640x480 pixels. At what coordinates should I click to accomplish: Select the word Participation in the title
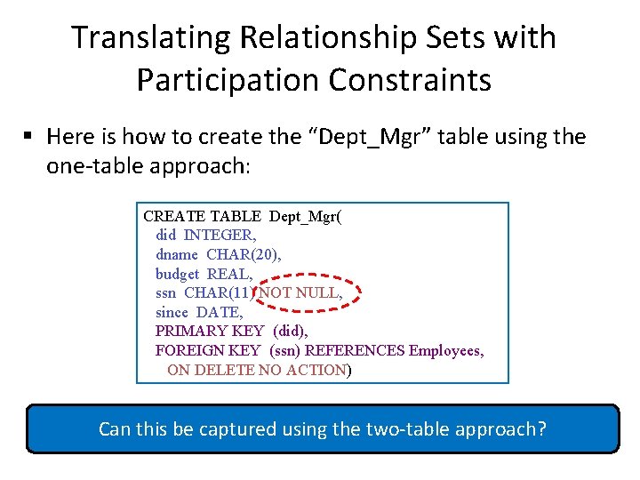[x=227, y=80]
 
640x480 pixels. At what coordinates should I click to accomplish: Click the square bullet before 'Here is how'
[x=28, y=136]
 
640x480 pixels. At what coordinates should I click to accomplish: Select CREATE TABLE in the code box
[x=203, y=216]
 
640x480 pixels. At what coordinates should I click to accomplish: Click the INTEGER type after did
[x=220, y=235]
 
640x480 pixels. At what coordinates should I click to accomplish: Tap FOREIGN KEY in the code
[x=208, y=351]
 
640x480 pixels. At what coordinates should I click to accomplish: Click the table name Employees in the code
[x=445, y=351]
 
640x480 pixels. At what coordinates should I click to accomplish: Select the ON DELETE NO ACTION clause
[x=256, y=370]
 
